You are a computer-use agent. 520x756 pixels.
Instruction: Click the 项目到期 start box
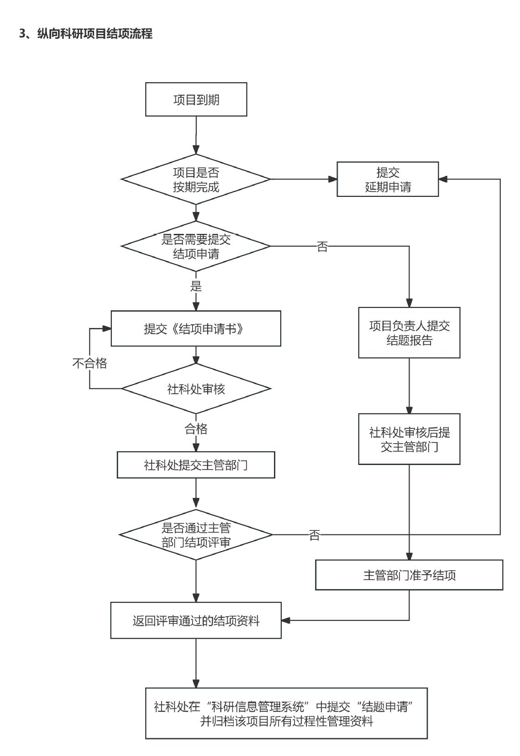[196, 100]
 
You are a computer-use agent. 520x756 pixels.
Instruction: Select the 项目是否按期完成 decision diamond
[196, 180]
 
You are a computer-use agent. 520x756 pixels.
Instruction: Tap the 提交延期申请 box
[388, 180]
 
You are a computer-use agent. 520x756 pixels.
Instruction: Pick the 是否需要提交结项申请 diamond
[196, 246]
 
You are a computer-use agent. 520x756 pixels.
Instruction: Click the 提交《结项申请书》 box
[196, 329]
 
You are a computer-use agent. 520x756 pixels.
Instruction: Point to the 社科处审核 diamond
[196, 389]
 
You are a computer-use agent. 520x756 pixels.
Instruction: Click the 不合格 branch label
[90, 363]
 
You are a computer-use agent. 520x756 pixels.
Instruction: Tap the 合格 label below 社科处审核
[196, 429]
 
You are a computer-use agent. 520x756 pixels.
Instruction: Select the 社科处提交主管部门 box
[196, 465]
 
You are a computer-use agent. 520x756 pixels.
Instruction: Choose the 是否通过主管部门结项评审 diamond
[196, 535]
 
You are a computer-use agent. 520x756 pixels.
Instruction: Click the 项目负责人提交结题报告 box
[409, 333]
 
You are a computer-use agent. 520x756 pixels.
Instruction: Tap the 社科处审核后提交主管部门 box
[409, 439]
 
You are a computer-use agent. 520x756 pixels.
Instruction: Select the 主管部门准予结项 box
[409, 575]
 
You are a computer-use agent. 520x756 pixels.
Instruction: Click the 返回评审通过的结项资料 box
[196, 621]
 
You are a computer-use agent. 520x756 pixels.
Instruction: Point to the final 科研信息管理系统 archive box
[286, 714]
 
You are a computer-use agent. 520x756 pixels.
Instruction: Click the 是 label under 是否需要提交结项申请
[196, 286]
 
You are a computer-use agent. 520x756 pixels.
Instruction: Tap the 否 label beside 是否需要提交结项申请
[322, 247]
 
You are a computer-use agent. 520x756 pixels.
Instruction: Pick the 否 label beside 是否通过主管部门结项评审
[315, 535]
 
